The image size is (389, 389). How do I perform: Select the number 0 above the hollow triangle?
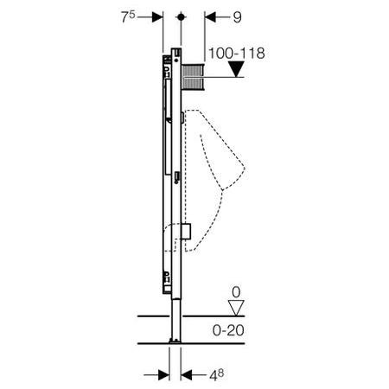point(232,290)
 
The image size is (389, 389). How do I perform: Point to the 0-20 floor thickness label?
point(233,330)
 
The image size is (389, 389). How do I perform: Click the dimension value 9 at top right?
point(238,16)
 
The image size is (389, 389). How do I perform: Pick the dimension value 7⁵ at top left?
point(131,15)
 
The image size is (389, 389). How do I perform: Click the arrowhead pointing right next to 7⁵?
point(156,16)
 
